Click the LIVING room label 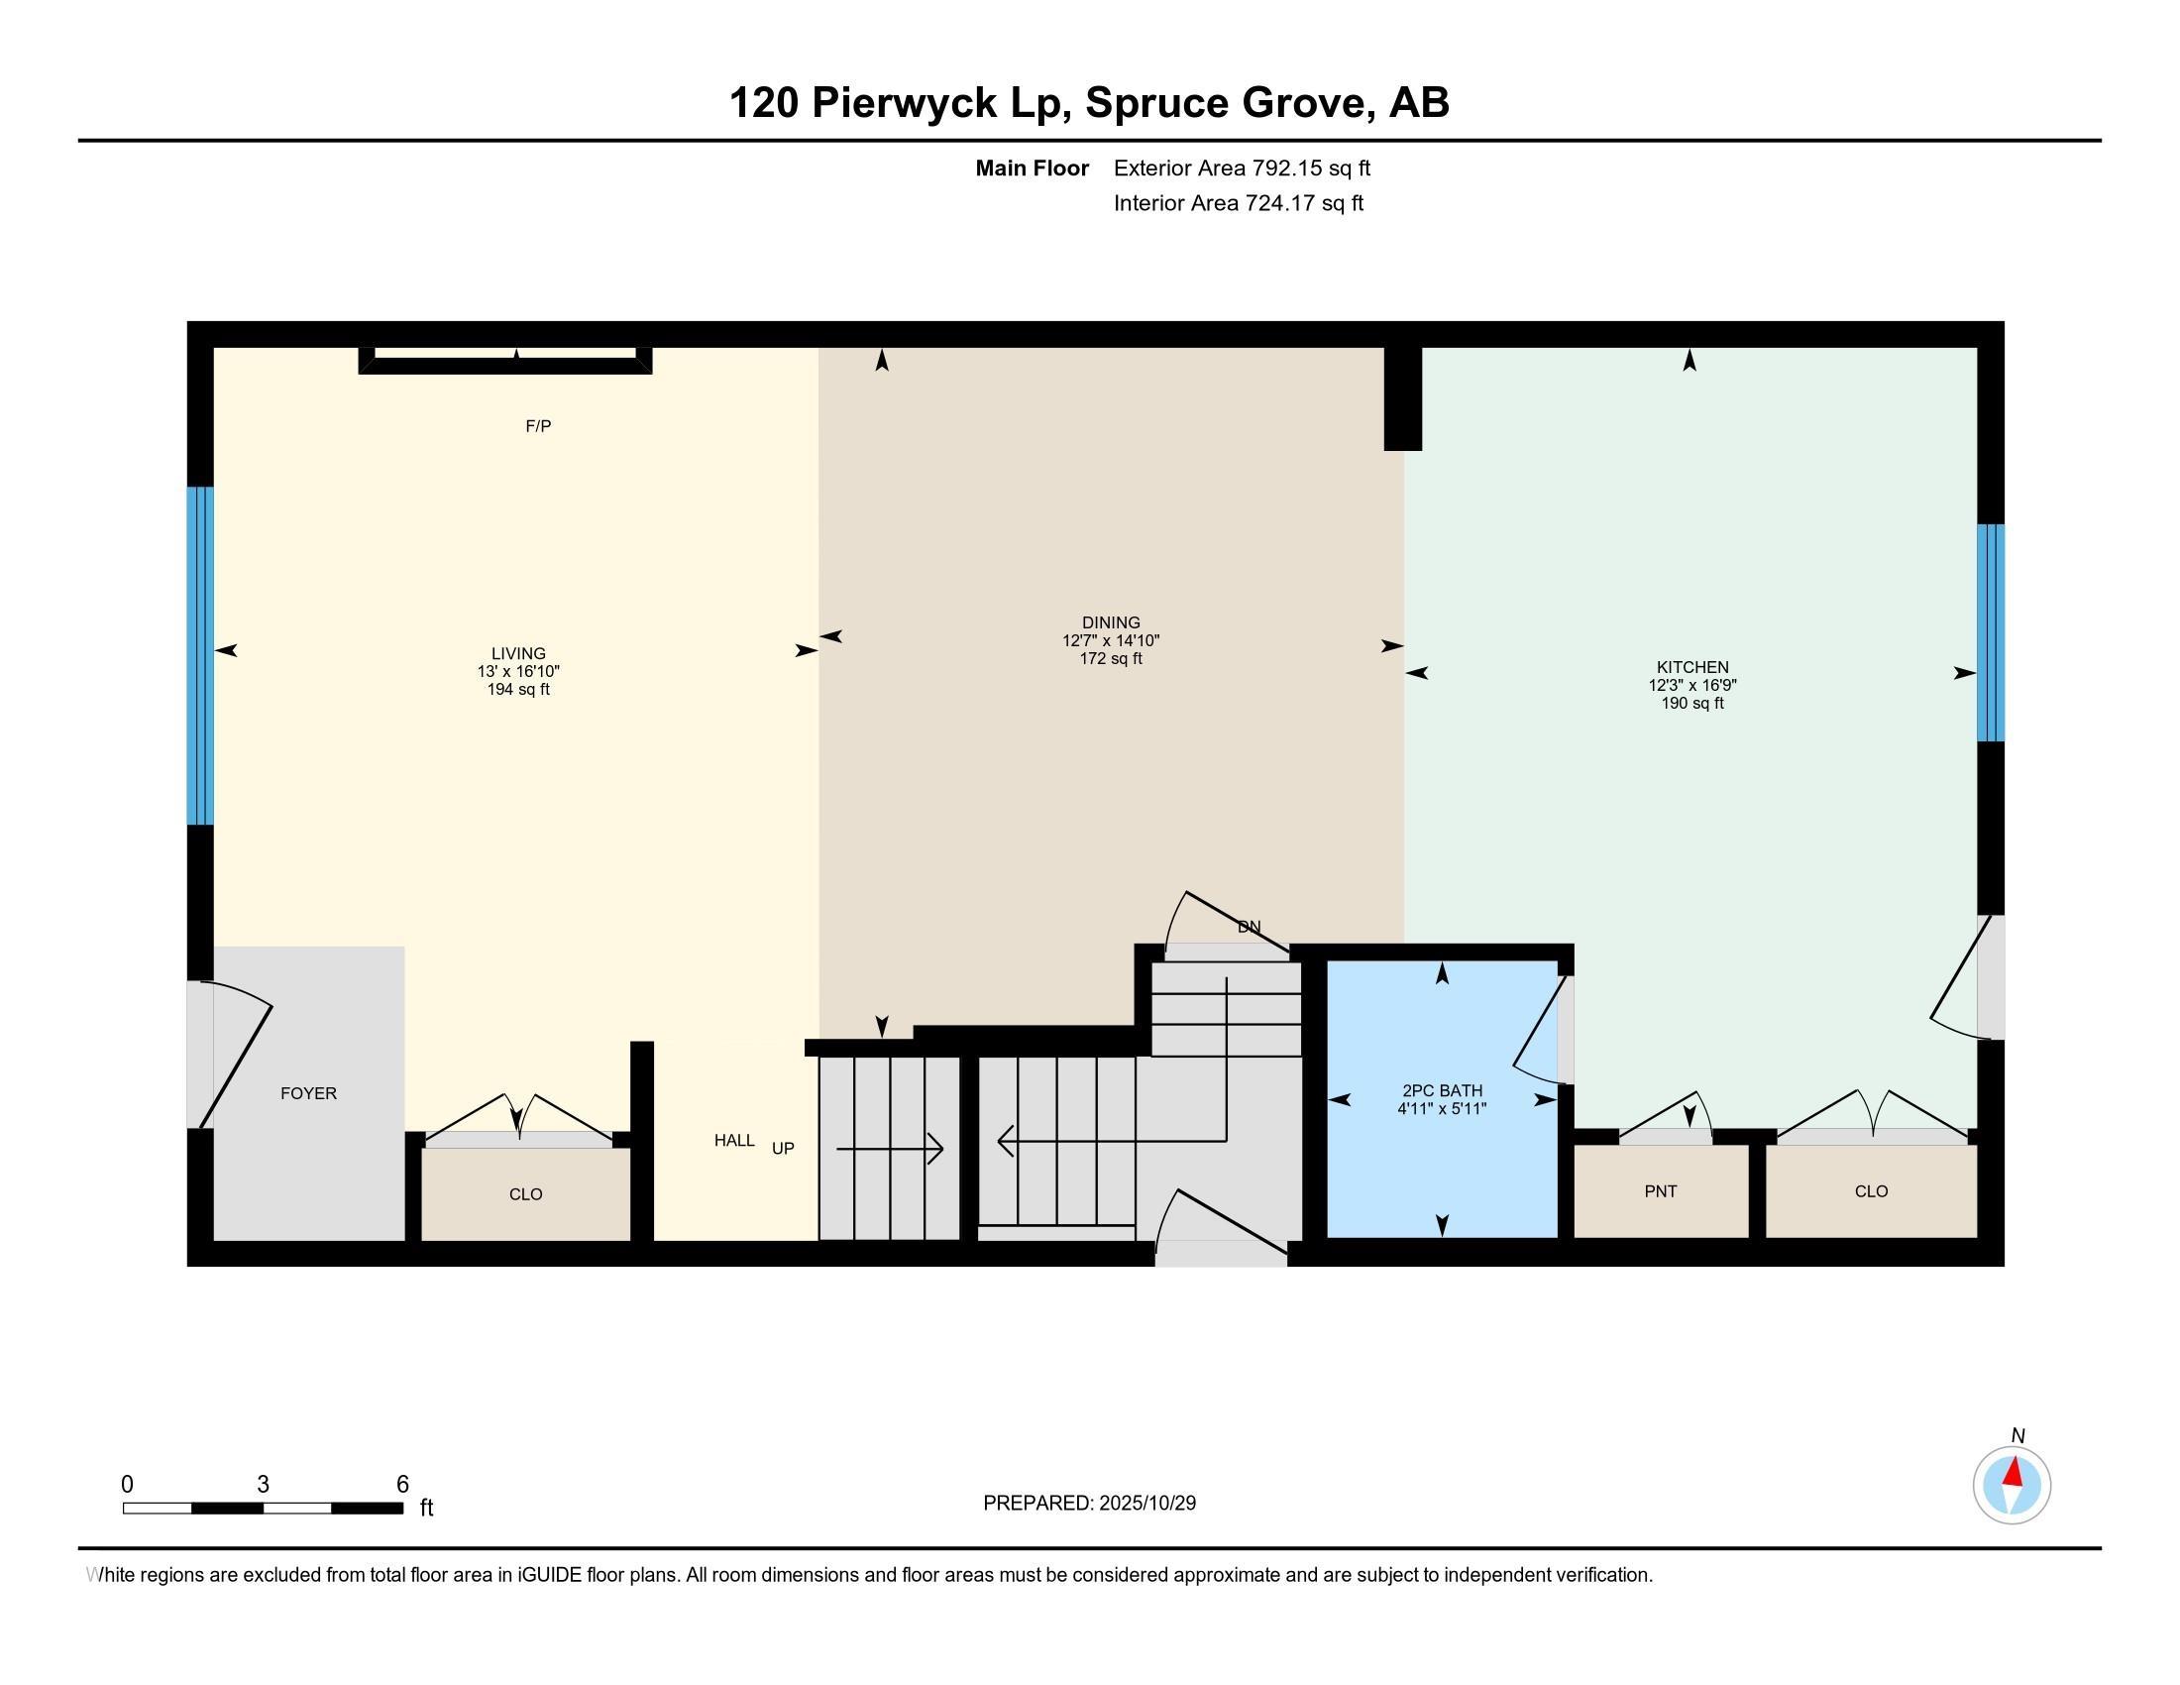coord(518,654)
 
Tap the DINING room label coord(1110,621)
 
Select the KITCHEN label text coord(1691,667)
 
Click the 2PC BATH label coord(1442,1091)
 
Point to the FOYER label coord(308,1093)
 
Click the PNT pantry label coord(1660,1190)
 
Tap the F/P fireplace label coord(538,426)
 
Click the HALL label coord(733,1140)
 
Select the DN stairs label coord(1249,927)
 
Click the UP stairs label coord(783,1148)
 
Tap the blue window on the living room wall coord(200,655)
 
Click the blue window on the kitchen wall coord(1991,633)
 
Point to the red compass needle coord(2015,1472)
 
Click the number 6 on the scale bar coord(402,1484)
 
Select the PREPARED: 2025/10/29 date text coord(1089,1503)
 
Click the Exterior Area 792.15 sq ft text coord(1242,168)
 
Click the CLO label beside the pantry coord(1871,1190)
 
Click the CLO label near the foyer coord(525,1194)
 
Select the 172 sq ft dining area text coord(1110,659)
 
